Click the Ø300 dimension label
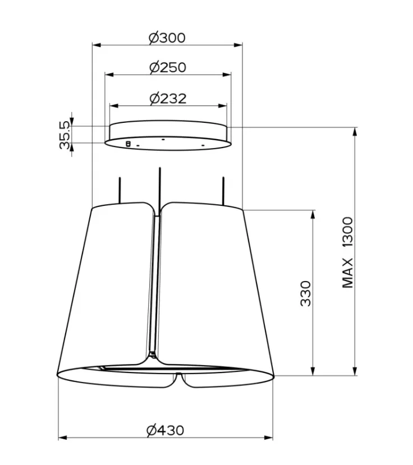[167, 38]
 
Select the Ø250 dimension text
[168, 68]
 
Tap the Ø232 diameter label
[168, 99]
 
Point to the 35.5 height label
[65, 135]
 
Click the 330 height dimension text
[306, 293]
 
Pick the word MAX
[348, 273]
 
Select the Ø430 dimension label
[166, 431]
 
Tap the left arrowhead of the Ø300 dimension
[97, 45]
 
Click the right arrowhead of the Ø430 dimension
[268, 438]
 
